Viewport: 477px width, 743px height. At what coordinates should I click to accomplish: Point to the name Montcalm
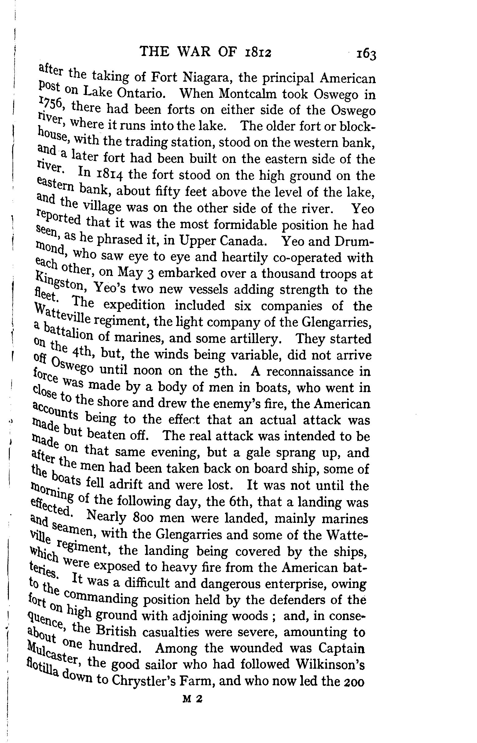coord(247,93)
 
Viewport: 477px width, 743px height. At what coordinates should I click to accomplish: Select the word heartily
coord(244,257)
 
